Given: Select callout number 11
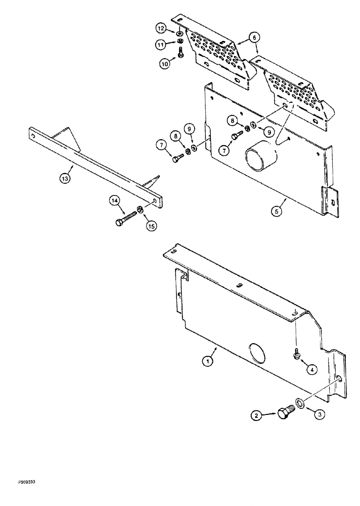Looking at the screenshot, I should [162, 45].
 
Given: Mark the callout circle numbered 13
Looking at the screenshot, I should [65, 178].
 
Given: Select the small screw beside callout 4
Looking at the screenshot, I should [296, 355].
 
